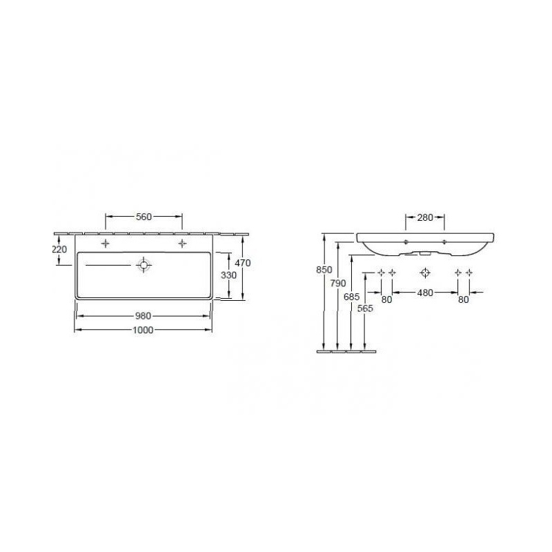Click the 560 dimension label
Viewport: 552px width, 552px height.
coord(144,217)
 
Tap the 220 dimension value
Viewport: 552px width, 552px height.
coord(59,249)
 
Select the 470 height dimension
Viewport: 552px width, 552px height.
coord(243,263)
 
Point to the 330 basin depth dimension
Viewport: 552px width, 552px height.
coord(228,275)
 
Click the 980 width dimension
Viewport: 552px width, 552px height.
coord(144,316)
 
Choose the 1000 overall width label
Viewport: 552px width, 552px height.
coord(143,331)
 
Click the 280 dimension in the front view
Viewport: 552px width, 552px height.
coord(425,217)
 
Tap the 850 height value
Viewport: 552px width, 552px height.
coord(324,270)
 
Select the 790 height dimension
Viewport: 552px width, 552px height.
coord(338,283)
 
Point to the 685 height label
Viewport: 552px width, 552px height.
coord(352,297)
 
